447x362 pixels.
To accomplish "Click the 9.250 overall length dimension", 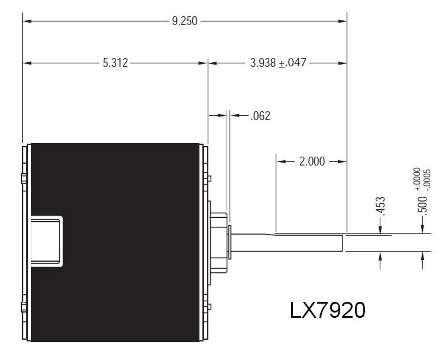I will [x=184, y=21].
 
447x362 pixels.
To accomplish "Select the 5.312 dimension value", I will [x=115, y=63].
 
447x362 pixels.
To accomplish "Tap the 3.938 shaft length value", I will [x=263, y=63].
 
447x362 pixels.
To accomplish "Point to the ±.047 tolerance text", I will [x=293, y=63].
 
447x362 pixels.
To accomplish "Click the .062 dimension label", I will [x=260, y=116].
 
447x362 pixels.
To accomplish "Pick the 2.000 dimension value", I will [x=312, y=161].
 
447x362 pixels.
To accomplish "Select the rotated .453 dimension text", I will [x=381, y=206].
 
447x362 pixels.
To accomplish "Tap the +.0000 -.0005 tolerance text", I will [x=423, y=179].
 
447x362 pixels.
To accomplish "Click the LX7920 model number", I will [x=328, y=310].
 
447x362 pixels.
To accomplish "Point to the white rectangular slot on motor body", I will [x=46, y=241].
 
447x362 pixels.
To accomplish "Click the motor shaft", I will [x=286, y=243].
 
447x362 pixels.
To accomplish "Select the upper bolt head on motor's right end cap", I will [x=209, y=179].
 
